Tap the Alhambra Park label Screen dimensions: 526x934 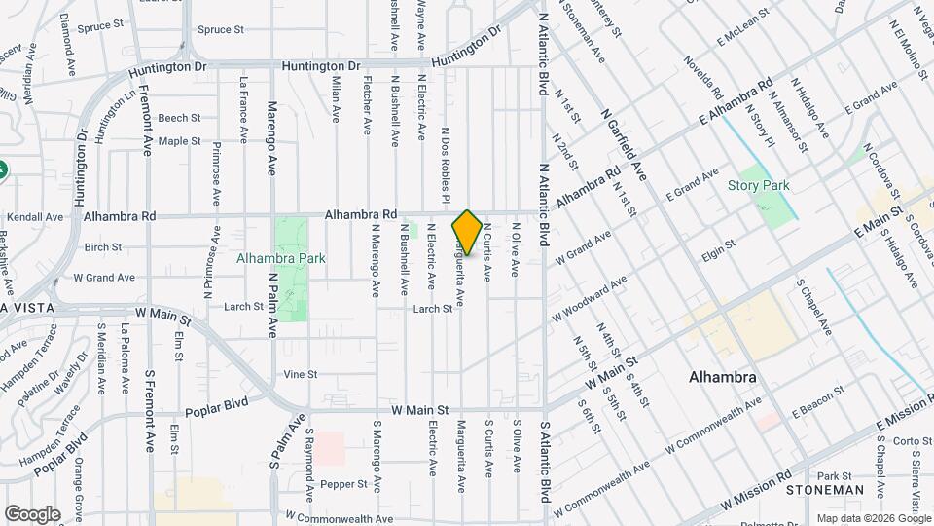click(280, 259)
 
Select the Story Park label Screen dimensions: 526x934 click(758, 185)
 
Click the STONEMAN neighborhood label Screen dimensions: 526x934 click(825, 489)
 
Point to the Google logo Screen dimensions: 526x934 click(32, 514)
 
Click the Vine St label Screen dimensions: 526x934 click(301, 374)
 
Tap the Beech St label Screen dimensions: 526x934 click(179, 118)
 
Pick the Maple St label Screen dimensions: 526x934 click(179, 141)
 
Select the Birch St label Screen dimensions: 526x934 click(102, 247)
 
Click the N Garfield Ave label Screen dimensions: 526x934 click(626, 146)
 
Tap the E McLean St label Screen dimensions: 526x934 click(743, 28)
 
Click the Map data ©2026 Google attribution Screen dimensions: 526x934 click(874, 518)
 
